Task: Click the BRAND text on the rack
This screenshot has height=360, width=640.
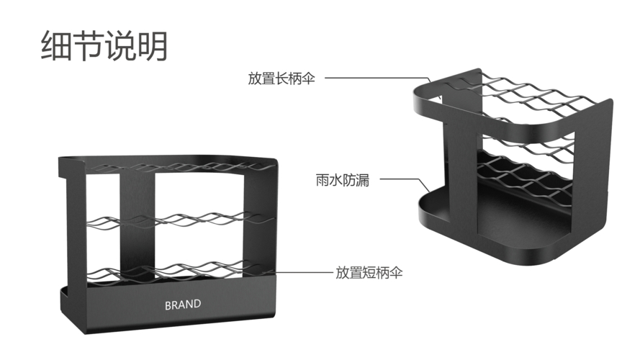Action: pos(183,305)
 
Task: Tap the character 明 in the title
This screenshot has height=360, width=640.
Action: pos(152,45)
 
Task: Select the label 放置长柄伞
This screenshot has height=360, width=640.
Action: pos(281,78)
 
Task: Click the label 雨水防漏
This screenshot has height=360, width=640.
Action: pos(343,179)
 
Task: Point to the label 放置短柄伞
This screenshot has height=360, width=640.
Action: pos(369,272)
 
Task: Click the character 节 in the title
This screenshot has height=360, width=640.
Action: pos(89,45)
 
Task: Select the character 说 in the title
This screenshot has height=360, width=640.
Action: pos(120,45)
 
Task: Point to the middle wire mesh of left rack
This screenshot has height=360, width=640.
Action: pos(179,219)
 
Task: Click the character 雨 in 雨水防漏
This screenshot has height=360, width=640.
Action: pos(323,179)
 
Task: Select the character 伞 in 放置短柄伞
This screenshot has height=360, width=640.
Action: pos(396,272)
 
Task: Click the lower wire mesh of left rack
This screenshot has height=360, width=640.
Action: pos(179,271)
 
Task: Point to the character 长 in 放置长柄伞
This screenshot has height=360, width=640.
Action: pos(282,78)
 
